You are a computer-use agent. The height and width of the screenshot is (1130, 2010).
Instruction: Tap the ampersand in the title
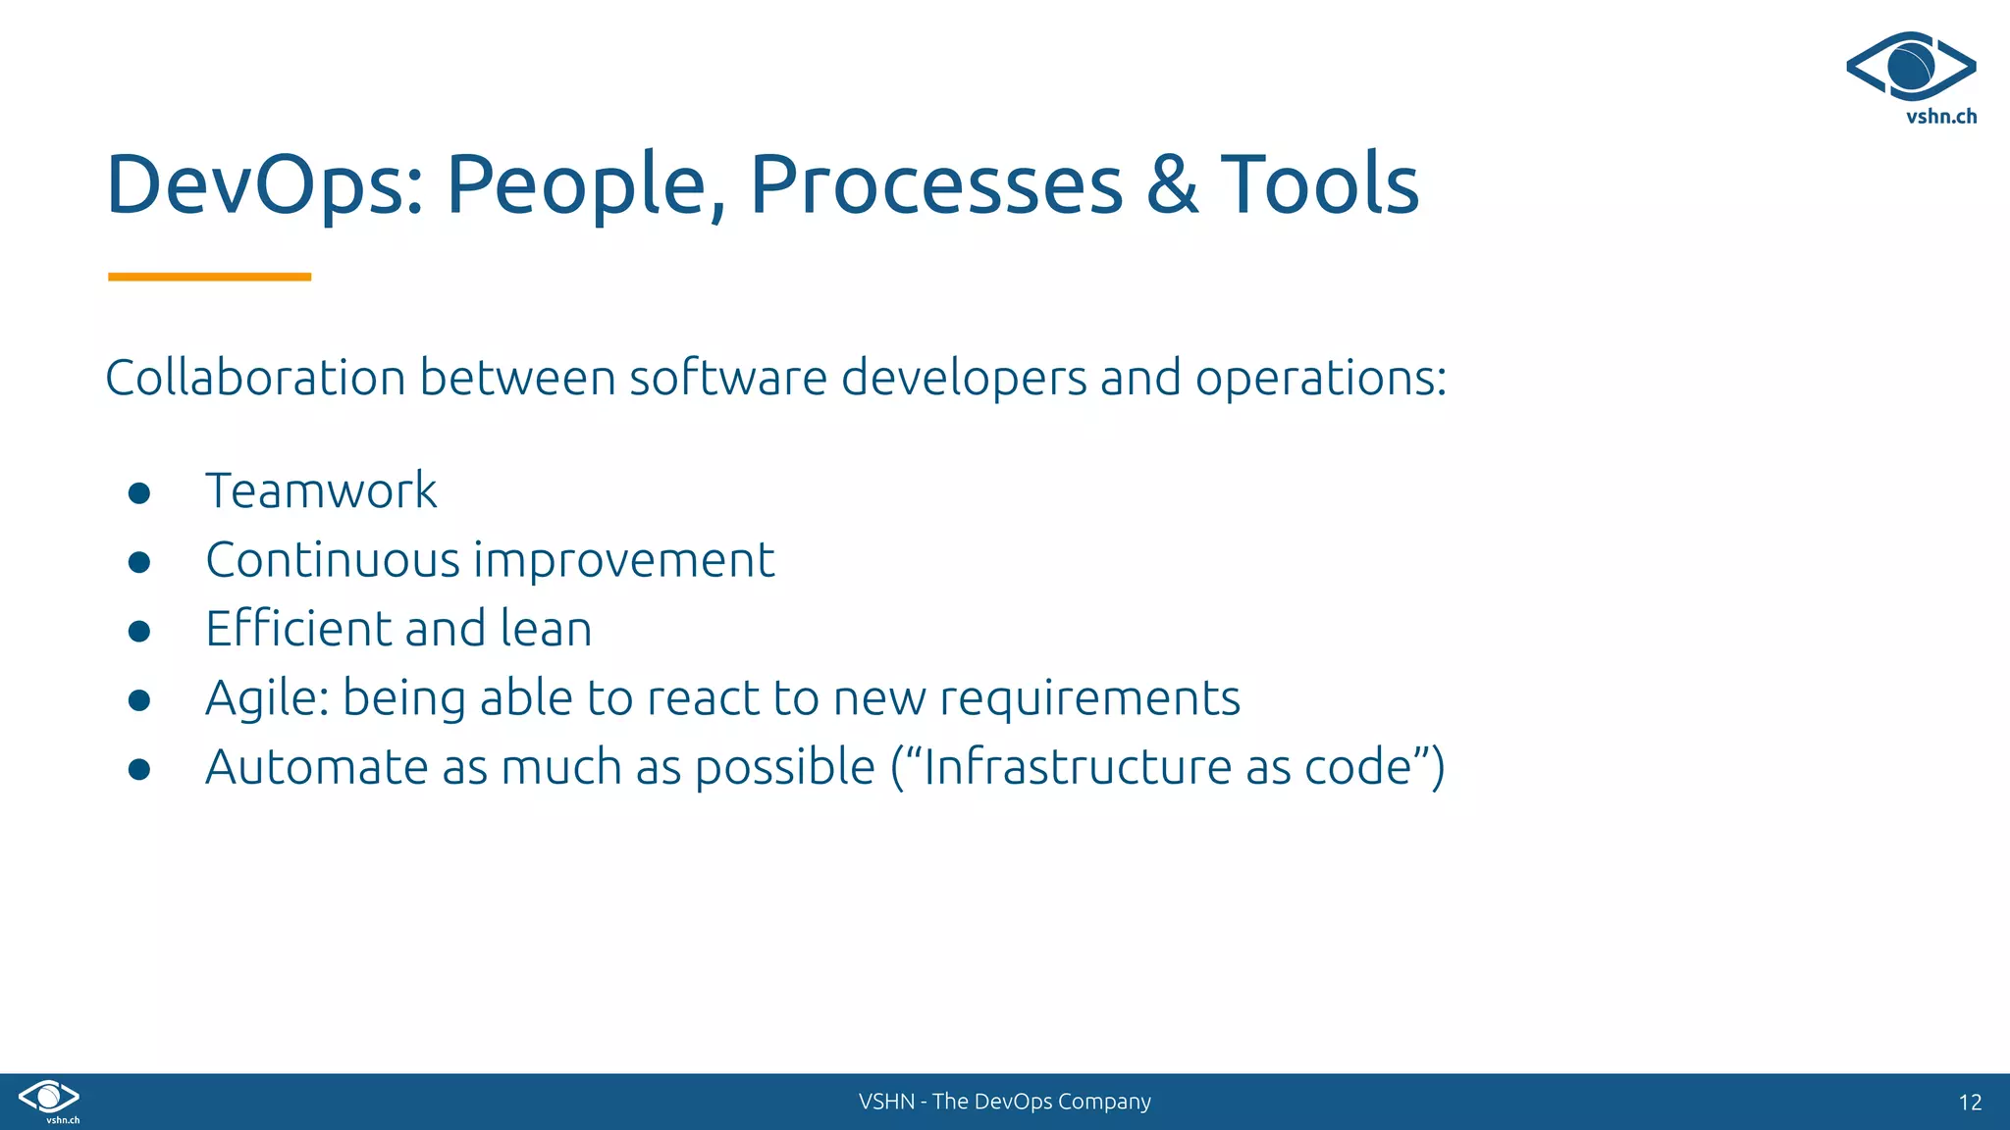pos(1172,184)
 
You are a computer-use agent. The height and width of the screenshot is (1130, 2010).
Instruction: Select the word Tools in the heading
pos(1320,184)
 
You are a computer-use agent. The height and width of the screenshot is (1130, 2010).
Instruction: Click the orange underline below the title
pos(209,277)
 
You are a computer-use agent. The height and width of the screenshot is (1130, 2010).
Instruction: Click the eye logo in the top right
pos(1911,67)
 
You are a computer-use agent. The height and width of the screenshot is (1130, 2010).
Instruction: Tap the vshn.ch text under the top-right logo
pos(1941,117)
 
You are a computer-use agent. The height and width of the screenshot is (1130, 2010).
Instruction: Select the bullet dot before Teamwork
pos(139,492)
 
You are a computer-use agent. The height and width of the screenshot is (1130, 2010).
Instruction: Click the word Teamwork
pos(321,490)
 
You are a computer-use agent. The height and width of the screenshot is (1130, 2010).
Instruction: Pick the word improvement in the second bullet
pos(624,561)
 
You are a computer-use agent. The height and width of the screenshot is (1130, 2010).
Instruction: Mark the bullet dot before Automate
pos(139,769)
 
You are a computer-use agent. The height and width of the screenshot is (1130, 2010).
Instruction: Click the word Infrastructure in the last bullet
pos(1078,767)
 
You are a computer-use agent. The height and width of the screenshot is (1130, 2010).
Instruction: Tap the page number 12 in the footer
pos(1970,1103)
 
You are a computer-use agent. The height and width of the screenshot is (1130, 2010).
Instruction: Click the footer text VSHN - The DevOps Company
pos(1004,1102)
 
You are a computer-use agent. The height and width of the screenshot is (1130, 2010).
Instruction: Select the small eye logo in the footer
pos(49,1097)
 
